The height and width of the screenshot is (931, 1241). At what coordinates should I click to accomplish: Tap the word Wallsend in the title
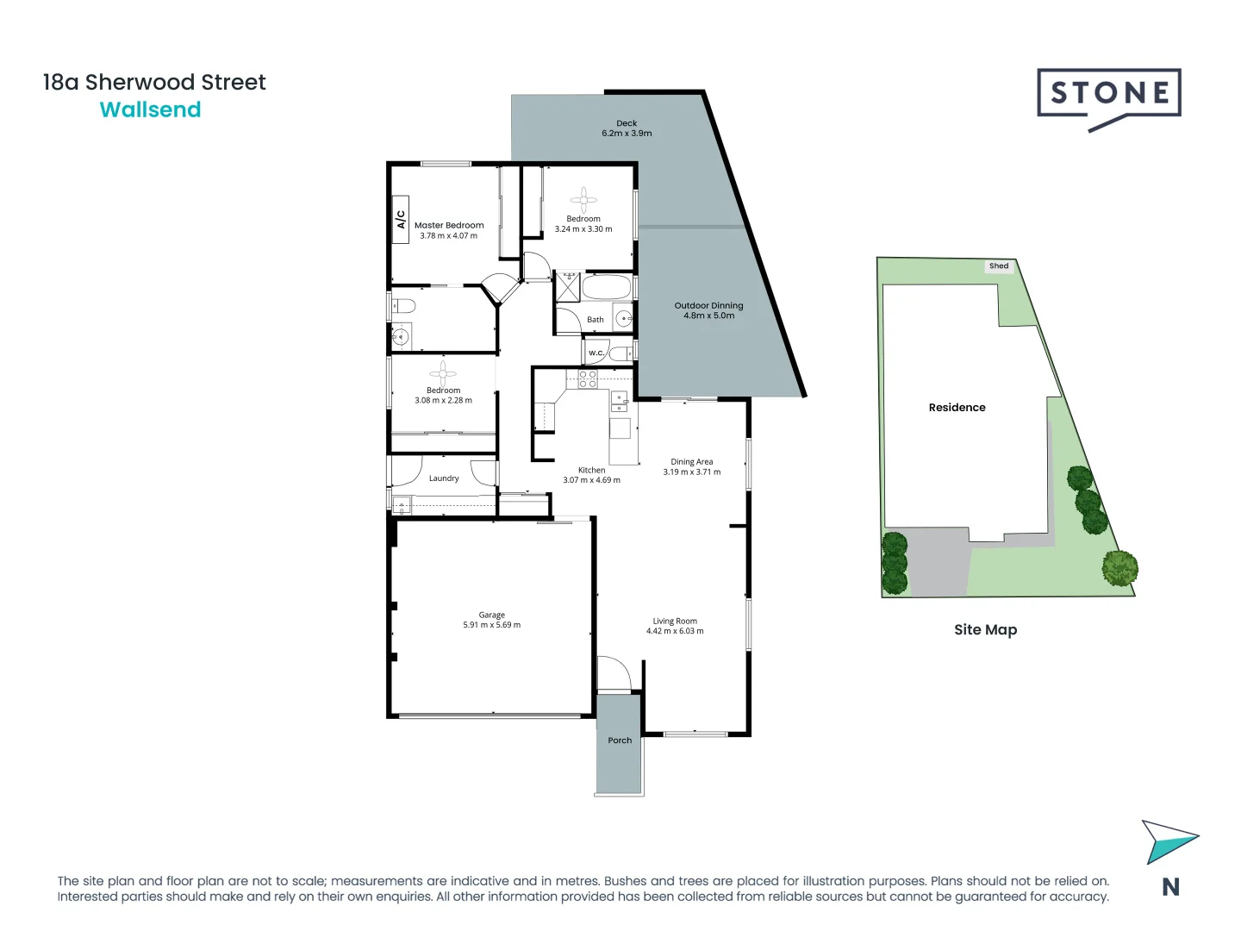click(x=150, y=110)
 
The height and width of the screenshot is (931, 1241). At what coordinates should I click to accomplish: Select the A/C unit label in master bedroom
click(x=400, y=220)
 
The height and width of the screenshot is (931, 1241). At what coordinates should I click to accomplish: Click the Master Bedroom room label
click(x=449, y=225)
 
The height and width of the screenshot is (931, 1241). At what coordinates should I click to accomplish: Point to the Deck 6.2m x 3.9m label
click(x=627, y=128)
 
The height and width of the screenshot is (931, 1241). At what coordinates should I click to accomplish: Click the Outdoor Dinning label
click(x=708, y=305)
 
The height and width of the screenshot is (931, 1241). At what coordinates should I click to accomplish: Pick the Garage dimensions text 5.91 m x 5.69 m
click(x=491, y=625)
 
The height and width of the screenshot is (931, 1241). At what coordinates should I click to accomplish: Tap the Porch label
click(x=620, y=740)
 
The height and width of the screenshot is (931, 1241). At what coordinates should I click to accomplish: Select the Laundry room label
click(x=444, y=478)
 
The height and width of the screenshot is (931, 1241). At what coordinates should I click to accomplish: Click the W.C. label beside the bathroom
click(x=596, y=353)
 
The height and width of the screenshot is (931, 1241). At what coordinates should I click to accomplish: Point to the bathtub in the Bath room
click(x=607, y=287)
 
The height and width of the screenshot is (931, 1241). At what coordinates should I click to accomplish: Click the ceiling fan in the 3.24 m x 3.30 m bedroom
click(x=583, y=200)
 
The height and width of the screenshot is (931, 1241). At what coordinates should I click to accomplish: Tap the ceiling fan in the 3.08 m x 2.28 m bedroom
click(x=443, y=373)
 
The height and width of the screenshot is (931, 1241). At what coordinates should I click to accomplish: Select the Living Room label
click(x=675, y=621)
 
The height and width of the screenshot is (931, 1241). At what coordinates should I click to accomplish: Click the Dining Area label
click(x=692, y=462)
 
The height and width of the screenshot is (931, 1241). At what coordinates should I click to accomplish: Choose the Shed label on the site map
click(x=999, y=266)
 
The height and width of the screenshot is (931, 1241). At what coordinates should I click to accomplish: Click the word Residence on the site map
click(x=957, y=408)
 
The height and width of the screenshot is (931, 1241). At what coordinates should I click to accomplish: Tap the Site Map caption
click(x=985, y=630)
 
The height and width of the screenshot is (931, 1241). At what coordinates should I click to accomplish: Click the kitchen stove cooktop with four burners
click(x=588, y=378)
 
